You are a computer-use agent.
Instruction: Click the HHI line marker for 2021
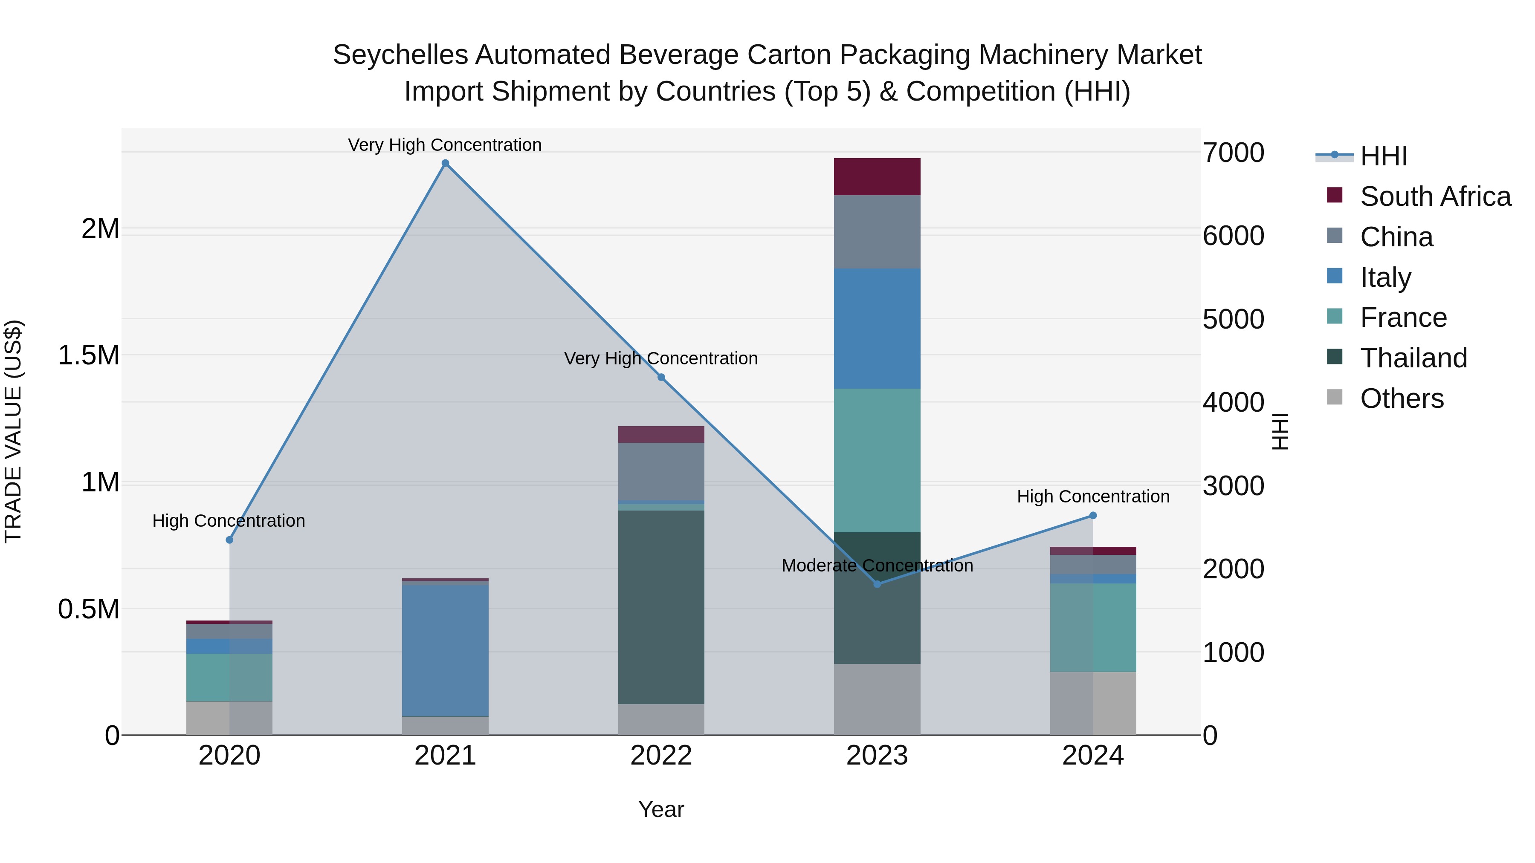click(445, 163)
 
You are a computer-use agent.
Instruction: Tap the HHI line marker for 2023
click(877, 584)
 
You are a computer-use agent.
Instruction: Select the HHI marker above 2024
click(1093, 516)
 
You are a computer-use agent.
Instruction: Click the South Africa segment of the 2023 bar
click(877, 177)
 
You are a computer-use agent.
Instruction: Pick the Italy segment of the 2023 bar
click(877, 329)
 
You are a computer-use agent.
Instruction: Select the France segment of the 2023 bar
click(877, 460)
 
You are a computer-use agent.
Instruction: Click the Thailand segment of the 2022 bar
click(661, 607)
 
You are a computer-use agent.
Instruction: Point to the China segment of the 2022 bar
click(661, 472)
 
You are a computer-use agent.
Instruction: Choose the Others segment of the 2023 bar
click(877, 699)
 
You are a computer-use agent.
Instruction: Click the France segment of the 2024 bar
click(1093, 628)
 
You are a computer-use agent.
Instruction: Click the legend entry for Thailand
click(1413, 358)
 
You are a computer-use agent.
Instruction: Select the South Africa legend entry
click(1435, 196)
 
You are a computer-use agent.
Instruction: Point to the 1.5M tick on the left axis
click(89, 355)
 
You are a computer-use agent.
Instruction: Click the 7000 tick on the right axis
click(1233, 153)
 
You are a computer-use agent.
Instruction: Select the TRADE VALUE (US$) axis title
click(13, 431)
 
